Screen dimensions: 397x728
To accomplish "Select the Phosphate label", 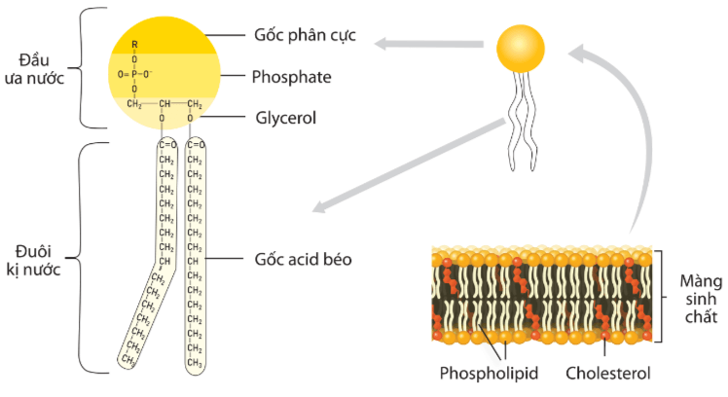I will pyautogui.click(x=291, y=75).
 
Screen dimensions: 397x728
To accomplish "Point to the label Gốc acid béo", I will pyautogui.click(x=303, y=260).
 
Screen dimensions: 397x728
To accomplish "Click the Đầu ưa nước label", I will pyautogui.click(x=40, y=69).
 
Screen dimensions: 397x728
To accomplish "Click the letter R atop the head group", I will pyautogui.click(x=135, y=45).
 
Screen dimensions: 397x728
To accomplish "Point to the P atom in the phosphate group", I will pyautogui.click(x=135, y=73).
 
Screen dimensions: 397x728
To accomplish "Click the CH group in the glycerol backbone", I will pyautogui.click(x=165, y=104).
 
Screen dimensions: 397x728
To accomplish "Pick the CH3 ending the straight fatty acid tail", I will pyautogui.click(x=194, y=363).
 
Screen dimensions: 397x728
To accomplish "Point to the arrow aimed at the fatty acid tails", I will pyautogui.click(x=409, y=165).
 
